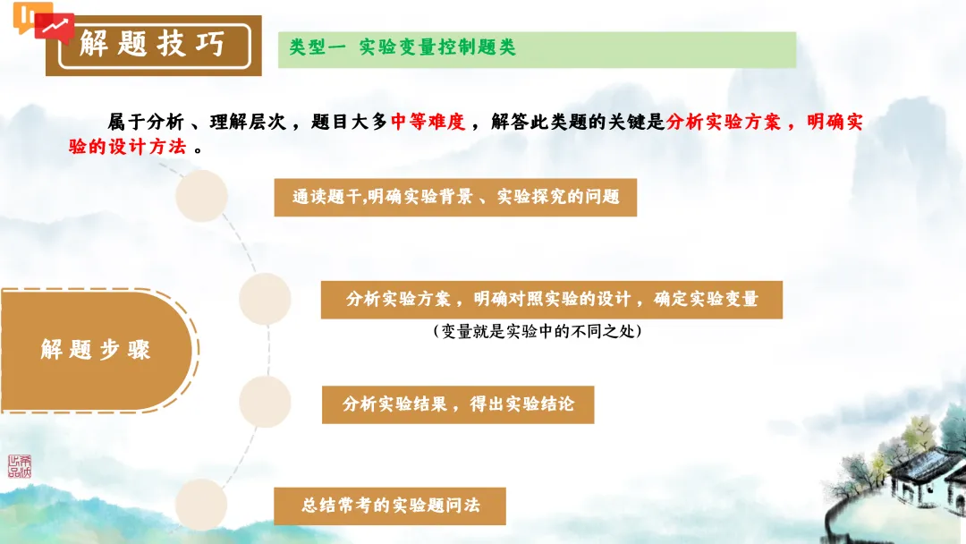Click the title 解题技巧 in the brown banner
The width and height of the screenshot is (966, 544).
click(x=152, y=43)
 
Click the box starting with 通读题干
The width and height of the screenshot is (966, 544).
click(x=455, y=197)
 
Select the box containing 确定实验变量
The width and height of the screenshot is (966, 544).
click(x=552, y=299)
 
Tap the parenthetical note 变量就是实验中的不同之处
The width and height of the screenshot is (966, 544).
click(x=537, y=331)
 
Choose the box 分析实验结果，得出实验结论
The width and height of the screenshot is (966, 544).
click(x=458, y=404)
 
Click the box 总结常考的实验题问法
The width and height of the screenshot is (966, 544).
click(x=391, y=506)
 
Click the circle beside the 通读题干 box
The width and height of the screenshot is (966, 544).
click(x=201, y=197)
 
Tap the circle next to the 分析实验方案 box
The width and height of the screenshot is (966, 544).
click(x=265, y=299)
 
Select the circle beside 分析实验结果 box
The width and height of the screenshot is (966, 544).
click(x=265, y=401)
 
